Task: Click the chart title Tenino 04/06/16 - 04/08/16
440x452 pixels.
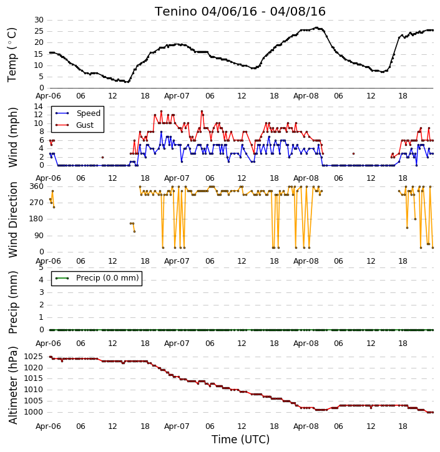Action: pyautogui.click(x=240, y=11)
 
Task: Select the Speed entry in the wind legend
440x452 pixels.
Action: pyautogui.click(x=78, y=113)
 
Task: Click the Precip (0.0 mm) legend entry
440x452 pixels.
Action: pyautogui.click(x=97, y=278)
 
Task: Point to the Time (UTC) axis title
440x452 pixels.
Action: pyautogui.click(x=240, y=440)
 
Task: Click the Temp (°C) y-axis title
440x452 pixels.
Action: pyautogui.click(x=12, y=55)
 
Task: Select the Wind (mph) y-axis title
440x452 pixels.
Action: pyautogui.click(x=12, y=137)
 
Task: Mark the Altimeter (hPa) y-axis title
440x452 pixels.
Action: pyautogui.click(x=12, y=385)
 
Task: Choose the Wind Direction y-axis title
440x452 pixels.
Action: pyautogui.click(x=12, y=219)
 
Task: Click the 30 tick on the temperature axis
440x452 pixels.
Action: pyautogui.click(x=39, y=20)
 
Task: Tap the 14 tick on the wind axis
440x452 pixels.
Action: pyautogui.click(x=39, y=107)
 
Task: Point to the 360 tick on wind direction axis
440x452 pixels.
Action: pyautogui.click(x=37, y=186)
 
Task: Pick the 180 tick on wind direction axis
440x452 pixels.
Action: pyautogui.click(x=37, y=219)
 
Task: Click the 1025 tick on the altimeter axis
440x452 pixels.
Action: pyautogui.click(x=34, y=357)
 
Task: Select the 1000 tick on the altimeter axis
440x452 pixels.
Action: pyautogui.click(x=34, y=412)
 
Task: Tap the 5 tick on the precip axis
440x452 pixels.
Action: pyautogui.click(x=41, y=267)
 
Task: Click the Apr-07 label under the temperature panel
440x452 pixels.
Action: pyautogui.click(x=177, y=96)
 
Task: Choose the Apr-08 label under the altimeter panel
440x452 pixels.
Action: pyautogui.click(x=306, y=426)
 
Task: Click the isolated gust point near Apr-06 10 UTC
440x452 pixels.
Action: pyautogui.click(x=102, y=157)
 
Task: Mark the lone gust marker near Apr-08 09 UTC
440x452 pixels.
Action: pyautogui.click(x=353, y=153)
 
